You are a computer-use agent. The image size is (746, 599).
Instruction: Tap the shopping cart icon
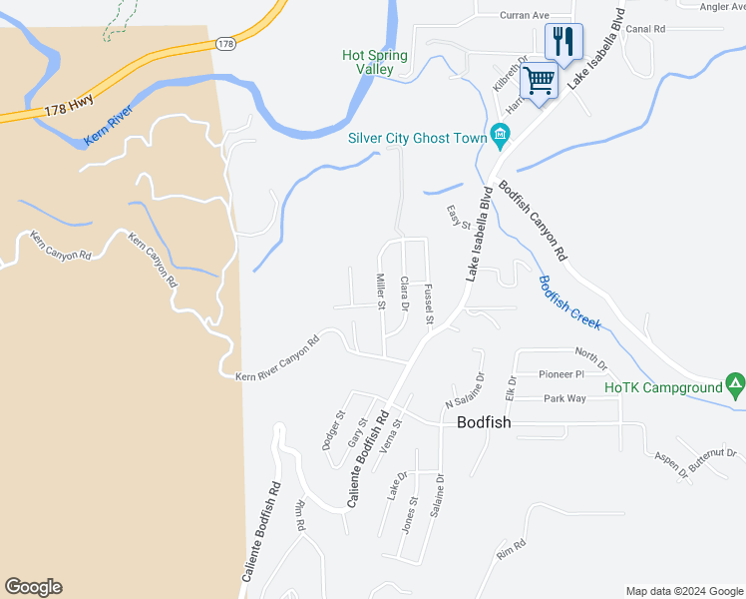(540, 79)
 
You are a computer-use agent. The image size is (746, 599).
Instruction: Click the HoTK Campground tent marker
(735, 383)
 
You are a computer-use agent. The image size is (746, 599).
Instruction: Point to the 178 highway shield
(225, 44)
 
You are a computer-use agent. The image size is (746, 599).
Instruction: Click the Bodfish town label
(484, 422)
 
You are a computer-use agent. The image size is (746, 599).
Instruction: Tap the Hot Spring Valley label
(374, 63)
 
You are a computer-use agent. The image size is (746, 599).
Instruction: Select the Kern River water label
(108, 127)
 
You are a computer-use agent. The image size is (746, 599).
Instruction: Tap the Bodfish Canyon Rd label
(533, 220)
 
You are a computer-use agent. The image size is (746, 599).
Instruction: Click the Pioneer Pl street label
(560, 374)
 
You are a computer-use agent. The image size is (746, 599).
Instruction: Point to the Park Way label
(565, 398)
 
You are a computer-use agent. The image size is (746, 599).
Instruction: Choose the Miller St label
(381, 291)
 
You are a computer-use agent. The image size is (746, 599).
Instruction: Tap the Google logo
(33, 587)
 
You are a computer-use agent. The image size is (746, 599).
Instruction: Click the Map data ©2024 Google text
(684, 591)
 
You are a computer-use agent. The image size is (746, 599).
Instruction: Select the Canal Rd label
(645, 29)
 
